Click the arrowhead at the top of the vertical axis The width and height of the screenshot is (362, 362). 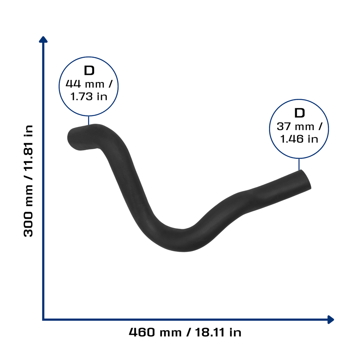pyautogui.click(x=43, y=40)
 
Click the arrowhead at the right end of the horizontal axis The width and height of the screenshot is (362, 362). pyautogui.click(x=331, y=320)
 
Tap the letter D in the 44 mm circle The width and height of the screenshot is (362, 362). pyautogui.click(x=89, y=70)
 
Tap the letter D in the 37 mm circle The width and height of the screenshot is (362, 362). pyautogui.click(x=300, y=113)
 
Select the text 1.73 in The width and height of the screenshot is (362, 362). pyautogui.click(x=89, y=97)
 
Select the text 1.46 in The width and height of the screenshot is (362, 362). pyautogui.click(x=299, y=139)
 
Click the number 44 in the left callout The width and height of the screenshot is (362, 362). pyautogui.click(x=73, y=84)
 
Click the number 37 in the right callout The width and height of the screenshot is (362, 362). pyautogui.click(x=284, y=127)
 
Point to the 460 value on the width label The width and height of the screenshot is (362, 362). pyautogui.click(x=142, y=332)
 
